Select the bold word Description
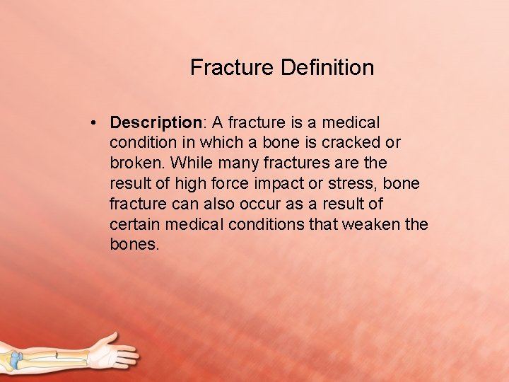pos(156,122)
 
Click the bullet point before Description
pos(94,122)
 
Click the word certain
pos(134,225)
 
